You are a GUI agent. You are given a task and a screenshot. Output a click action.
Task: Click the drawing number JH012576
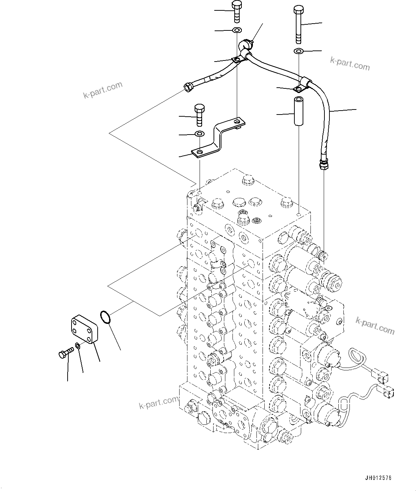[378, 478]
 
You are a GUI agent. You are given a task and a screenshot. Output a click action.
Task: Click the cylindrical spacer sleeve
[298, 111]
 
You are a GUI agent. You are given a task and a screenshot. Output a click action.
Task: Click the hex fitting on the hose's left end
[187, 87]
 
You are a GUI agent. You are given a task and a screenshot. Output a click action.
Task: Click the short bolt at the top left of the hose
[237, 11]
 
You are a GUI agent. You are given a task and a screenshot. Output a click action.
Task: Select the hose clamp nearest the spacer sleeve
[303, 84]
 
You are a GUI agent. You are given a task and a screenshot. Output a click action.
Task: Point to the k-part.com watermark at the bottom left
[158, 403]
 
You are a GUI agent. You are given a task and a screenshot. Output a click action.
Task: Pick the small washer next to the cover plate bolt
[77, 346]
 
